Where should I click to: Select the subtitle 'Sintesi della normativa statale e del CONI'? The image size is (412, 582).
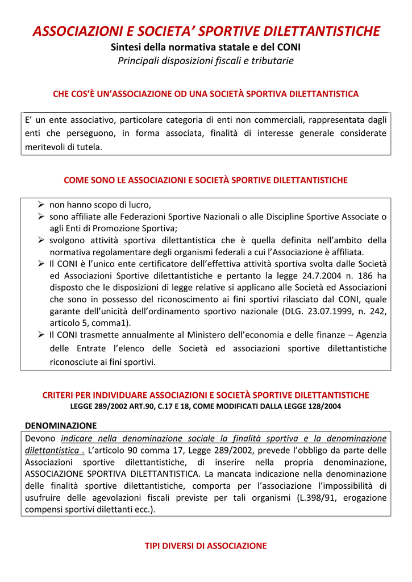(x=206, y=47)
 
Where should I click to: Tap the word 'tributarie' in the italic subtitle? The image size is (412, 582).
(x=273, y=60)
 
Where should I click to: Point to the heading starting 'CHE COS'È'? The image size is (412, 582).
(x=206, y=94)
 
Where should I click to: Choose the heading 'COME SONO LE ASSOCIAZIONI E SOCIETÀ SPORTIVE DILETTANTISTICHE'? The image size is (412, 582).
(x=206, y=180)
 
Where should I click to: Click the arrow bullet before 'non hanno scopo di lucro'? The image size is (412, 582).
(x=41, y=205)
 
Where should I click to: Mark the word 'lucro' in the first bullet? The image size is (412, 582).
(x=140, y=205)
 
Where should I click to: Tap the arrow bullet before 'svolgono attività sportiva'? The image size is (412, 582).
(x=41, y=240)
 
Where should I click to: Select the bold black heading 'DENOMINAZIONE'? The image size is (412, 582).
(x=61, y=425)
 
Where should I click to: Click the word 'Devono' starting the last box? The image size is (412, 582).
(x=40, y=438)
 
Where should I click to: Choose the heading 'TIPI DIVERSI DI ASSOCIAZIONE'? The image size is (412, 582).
(x=206, y=546)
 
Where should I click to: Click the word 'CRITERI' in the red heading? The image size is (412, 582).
(x=59, y=395)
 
